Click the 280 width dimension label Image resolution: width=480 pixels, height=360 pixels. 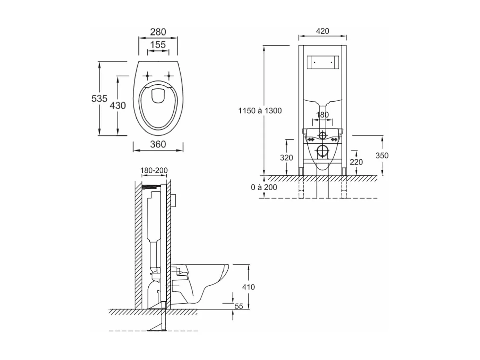(158, 32)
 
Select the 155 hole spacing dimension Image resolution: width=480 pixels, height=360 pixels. (158, 45)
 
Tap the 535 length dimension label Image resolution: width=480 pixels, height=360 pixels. (99, 99)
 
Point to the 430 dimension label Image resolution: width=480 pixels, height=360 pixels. (118, 106)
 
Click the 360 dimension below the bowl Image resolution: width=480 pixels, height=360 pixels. (158, 144)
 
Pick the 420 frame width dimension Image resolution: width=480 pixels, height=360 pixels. (322, 31)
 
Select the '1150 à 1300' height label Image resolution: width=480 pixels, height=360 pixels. (260, 111)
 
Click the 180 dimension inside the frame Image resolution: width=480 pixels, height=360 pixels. (322, 115)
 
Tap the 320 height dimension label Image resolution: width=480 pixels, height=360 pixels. (286, 158)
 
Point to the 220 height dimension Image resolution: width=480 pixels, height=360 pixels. (356, 162)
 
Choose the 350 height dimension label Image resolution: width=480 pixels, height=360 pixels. (382, 155)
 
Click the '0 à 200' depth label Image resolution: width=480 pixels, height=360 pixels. (264, 187)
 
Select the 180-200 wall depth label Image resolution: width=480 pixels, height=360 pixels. (154, 170)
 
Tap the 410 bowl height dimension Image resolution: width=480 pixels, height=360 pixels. (248, 287)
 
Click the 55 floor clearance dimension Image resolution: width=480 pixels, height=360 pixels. (239, 306)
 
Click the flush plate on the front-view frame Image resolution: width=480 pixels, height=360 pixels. (322, 62)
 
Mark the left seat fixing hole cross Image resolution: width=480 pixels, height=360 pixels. (147, 76)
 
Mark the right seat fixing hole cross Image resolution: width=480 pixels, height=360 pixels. (169, 76)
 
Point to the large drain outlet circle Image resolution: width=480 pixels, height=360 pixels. (322, 151)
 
